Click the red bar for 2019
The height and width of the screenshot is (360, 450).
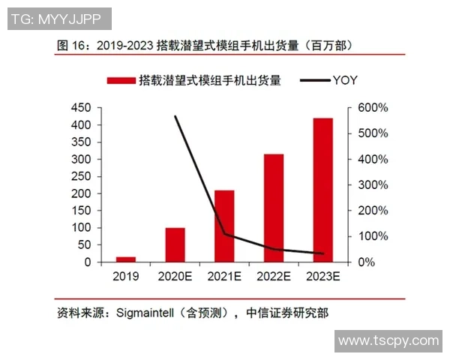(126, 259)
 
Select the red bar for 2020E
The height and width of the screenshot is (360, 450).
(175, 244)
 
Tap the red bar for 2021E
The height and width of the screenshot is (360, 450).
(224, 226)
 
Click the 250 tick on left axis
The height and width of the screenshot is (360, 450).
(81, 176)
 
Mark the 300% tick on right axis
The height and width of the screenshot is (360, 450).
(373, 184)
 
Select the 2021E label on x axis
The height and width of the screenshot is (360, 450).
(224, 277)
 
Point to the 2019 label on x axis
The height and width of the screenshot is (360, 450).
(126, 277)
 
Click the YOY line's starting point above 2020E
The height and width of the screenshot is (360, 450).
(175, 116)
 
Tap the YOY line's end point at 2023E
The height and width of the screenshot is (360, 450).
(322, 253)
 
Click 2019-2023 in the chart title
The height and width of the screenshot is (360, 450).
(123, 45)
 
